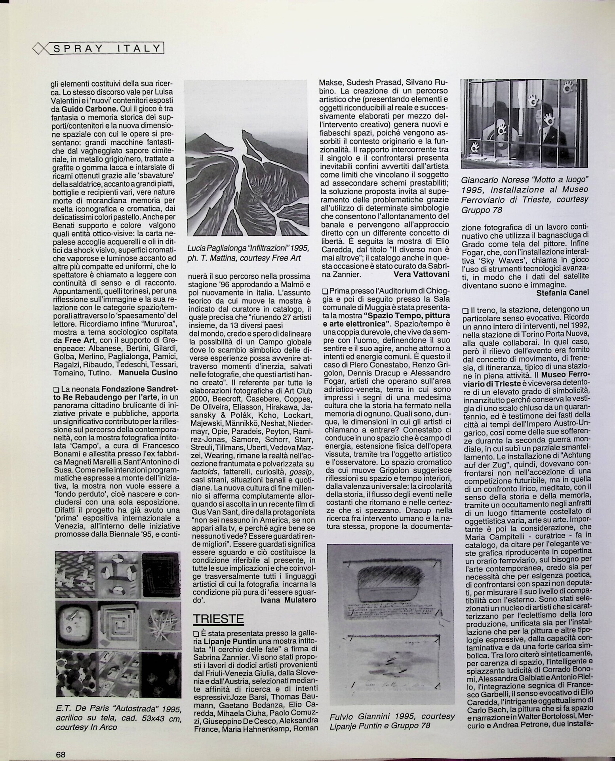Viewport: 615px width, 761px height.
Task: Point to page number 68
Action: click(60, 743)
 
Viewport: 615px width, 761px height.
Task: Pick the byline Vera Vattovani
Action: click(421, 274)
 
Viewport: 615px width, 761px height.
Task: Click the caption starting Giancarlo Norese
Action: click(524, 195)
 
